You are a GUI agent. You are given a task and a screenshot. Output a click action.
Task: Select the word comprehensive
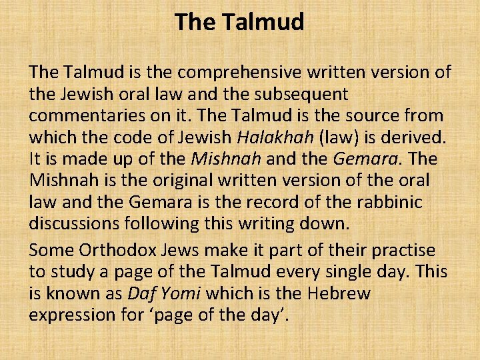coord(225,72)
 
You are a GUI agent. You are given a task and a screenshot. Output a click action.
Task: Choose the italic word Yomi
coord(185,294)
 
